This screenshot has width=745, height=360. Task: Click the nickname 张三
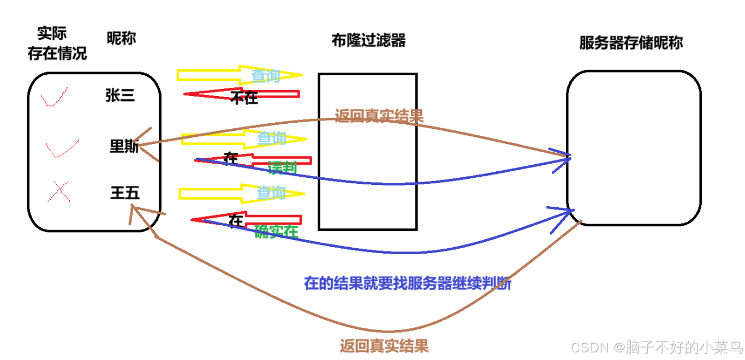click(x=120, y=96)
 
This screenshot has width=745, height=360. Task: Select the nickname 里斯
click(x=124, y=147)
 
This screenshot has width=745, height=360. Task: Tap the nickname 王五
click(x=124, y=193)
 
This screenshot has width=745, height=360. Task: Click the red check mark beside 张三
click(x=54, y=98)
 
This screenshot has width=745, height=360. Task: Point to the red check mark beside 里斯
click(x=61, y=148)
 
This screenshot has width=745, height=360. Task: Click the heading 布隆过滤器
click(x=368, y=40)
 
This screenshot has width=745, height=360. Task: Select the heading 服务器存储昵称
click(x=630, y=44)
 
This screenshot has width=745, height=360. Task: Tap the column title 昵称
click(x=121, y=38)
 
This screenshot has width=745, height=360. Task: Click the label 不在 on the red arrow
click(x=244, y=98)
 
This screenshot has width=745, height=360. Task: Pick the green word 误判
click(x=282, y=167)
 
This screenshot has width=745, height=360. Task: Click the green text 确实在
click(x=276, y=232)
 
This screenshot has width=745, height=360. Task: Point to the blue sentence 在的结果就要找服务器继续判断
click(x=408, y=284)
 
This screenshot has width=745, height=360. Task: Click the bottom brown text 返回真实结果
click(x=384, y=346)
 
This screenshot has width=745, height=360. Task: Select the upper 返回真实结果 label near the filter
click(x=379, y=116)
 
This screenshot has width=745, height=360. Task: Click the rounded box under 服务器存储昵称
click(x=633, y=147)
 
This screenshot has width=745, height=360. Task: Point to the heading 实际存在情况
click(x=57, y=44)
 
